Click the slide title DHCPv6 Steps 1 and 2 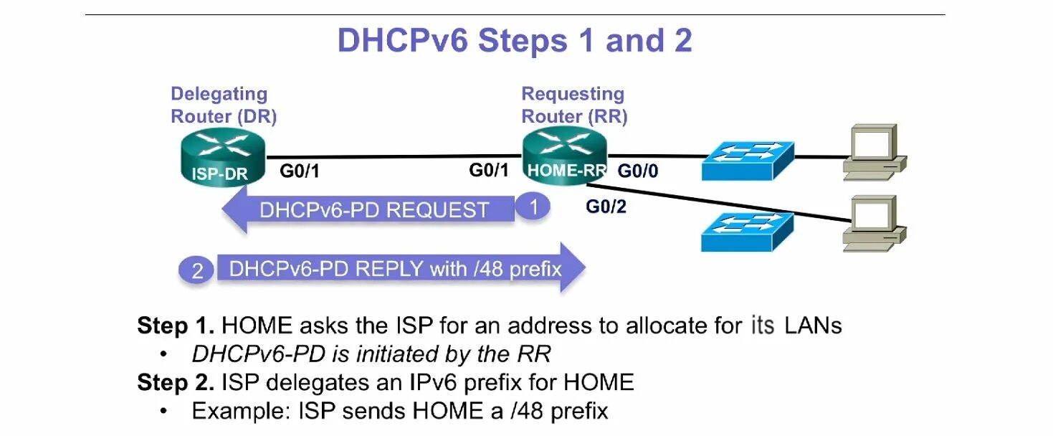coord(515,41)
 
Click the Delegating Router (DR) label coord(224,105)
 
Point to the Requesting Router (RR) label coord(573,105)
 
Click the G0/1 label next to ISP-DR coord(300,171)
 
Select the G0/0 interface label coord(639,171)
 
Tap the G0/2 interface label coord(606,207)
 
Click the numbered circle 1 coord(533,207)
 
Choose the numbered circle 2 coord(197,271)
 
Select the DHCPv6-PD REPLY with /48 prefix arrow coord(394,269)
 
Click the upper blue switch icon coord(748,160)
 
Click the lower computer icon coord(873,222)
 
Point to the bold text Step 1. coord(176,326)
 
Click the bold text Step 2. coord(176,382)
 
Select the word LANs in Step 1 coord(813,326)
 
